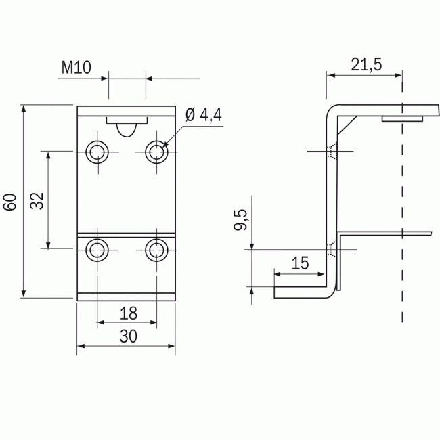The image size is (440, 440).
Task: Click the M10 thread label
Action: (76, 68)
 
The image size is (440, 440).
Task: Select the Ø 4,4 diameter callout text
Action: (204, 115)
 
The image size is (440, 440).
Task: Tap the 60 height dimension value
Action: (10, 202)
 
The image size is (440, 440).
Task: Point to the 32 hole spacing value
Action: (37, 200)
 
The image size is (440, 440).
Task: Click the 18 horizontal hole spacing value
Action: (129, 313)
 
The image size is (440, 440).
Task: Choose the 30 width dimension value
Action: (129, 336)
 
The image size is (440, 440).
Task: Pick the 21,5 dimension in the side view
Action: (366, 65)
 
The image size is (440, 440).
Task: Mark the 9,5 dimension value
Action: (240, 220)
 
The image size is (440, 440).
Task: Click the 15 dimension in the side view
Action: (301, 263)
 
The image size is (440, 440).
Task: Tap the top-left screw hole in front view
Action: (97, 152)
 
